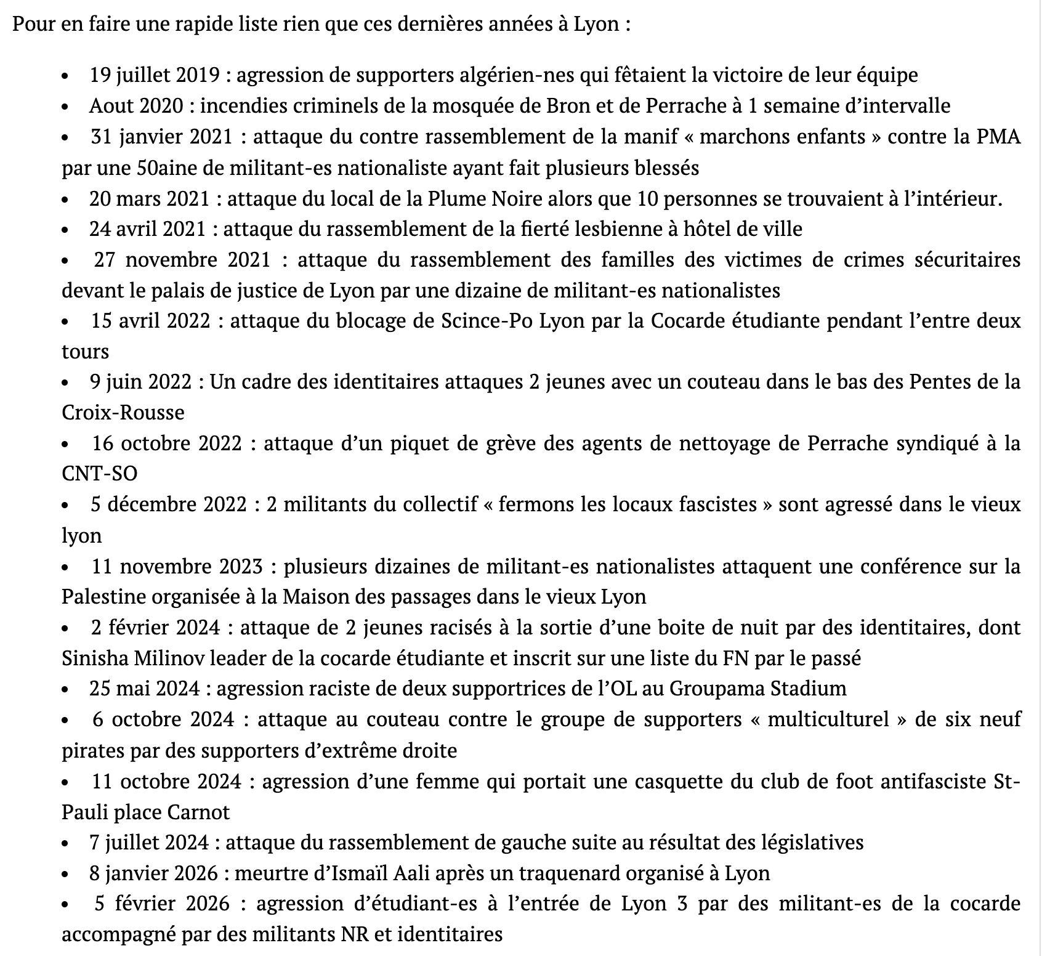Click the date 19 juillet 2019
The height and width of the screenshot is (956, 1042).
click(155, 75)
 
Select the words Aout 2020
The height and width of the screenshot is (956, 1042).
click(136, 106)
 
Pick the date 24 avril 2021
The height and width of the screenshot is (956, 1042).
click(147, 229)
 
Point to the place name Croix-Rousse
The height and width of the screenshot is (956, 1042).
click(123, 412)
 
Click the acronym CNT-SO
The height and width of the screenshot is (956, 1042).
click(99, 474)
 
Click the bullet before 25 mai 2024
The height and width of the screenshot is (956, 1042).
click(65, 689)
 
